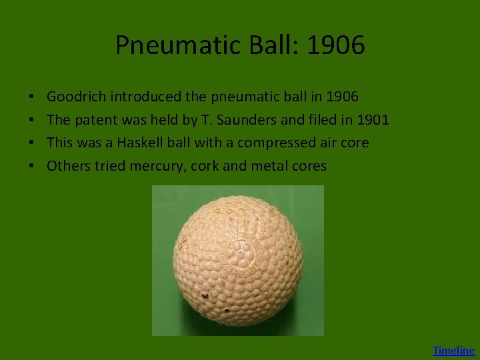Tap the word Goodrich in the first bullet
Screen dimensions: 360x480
click(x=77, y=97)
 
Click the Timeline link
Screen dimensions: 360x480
click(x=453, y=350)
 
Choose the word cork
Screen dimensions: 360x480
click(x=204, y=166)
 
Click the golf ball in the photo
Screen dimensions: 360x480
click(x=238, y=261)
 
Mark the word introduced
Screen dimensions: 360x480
click(x=145, y=97)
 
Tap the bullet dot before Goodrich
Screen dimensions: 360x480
click(x=33, y=97)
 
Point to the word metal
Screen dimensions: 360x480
click(x=269, y=166)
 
